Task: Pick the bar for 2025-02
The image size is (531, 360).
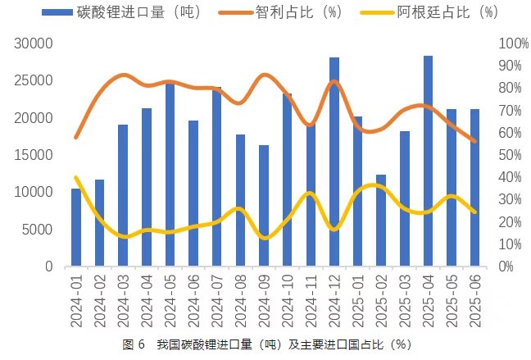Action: click(x=381, y=221)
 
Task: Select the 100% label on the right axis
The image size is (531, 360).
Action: click(x=510, y=43)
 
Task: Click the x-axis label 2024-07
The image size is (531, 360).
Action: click(x=217, y=302)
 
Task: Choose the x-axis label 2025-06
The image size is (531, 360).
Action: click(x=474, y=302)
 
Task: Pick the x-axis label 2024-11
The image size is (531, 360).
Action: click(x=311, y=302)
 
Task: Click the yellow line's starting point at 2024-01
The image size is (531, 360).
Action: click(x=76, y=178)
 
